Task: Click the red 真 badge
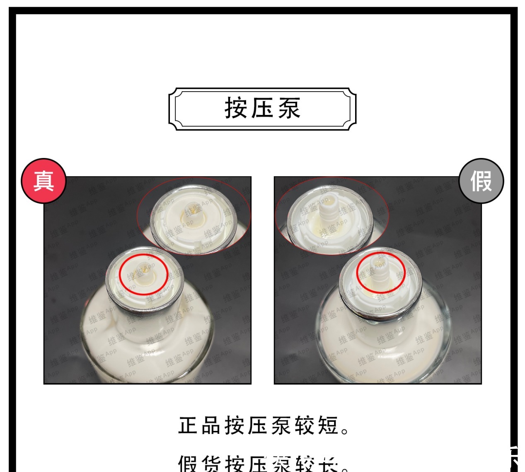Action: [x=44, y=180]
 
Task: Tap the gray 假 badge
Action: [x=481, y=181]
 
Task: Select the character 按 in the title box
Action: [x=236, y=108]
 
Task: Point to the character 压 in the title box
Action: [x=262, y=108]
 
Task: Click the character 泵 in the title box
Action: [x=289, y=108]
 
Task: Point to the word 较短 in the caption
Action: [x=317, y=426]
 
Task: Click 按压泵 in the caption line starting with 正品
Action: [x=259, y=426]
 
